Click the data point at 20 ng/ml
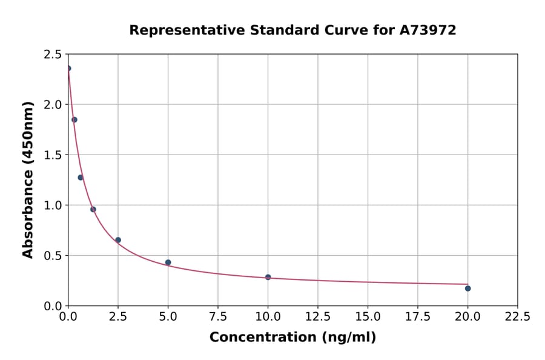467,288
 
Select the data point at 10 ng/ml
268,277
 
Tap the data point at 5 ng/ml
168,262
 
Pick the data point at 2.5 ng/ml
118,240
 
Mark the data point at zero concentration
68,68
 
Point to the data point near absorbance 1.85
74,119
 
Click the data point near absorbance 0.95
93,209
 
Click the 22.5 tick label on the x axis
517,317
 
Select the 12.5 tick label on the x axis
317,317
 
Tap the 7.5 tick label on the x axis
218,317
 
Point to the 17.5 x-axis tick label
417,317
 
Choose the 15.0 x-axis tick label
368,317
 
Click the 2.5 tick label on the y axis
53,55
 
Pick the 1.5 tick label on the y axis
53,155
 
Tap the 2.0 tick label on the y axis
53,105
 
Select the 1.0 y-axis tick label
53,205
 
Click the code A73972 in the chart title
427,30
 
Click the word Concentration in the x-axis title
259,338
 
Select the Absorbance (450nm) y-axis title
28,179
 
